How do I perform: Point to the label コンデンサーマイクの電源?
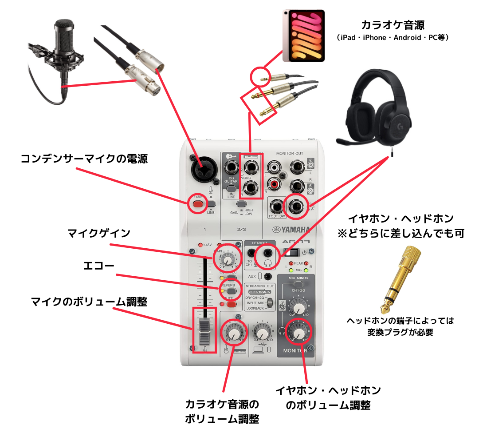[84, 159]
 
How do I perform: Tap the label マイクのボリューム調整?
[89, 302]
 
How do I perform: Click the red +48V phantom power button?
[197, 204]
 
